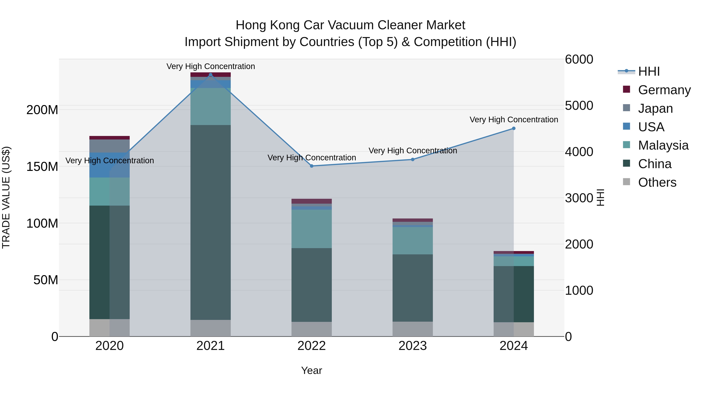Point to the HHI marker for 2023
point(413,160)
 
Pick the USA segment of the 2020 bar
point(109,165)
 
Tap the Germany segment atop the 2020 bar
point(109,138)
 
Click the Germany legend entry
point(664,90)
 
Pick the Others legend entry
point(657,182)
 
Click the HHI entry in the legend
point(649,71)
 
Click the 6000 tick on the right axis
point(579,59)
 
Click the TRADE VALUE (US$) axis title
point(6,197)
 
